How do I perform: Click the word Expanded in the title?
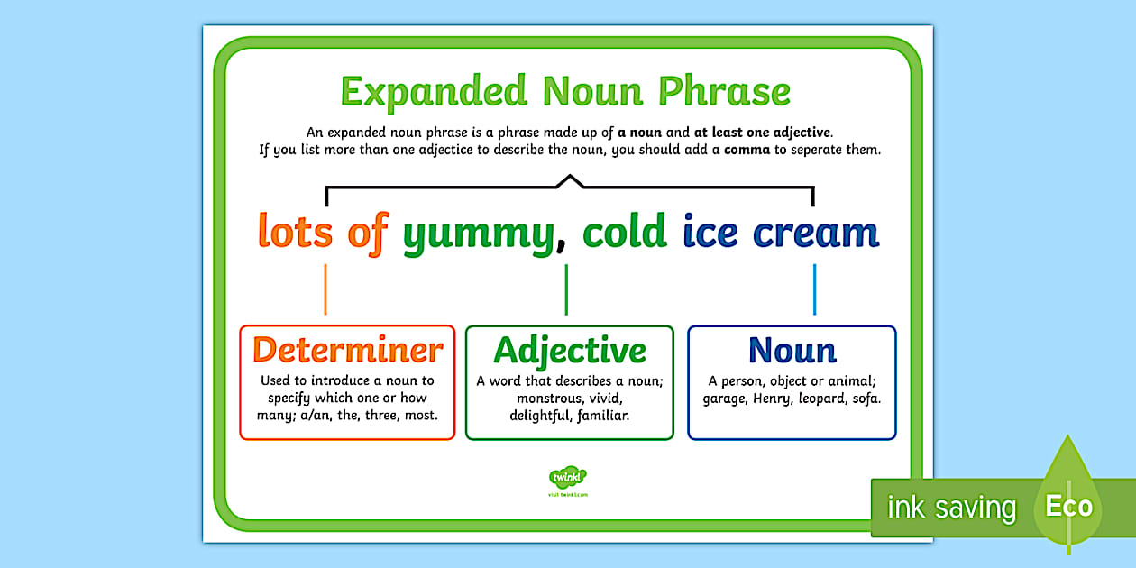point(434,91)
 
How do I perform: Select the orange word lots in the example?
point(294,232)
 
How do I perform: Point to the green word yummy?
point(478,234)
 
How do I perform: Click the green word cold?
point(625,232)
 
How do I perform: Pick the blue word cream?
point(816,233)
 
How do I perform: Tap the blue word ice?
point(710,232)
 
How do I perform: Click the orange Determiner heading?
point(347,350)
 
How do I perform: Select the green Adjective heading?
point(570,351)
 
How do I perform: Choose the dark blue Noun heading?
point(792,350)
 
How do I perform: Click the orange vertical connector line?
point(325,289)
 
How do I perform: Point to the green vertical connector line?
point(565,289)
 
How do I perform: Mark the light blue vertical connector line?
point(814,289)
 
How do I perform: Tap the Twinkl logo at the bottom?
point(568,478)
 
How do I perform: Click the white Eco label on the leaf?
point(1068,506)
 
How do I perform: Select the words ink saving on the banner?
point(951,508)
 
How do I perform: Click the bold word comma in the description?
point(747,150)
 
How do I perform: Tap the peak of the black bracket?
point(569,179)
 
